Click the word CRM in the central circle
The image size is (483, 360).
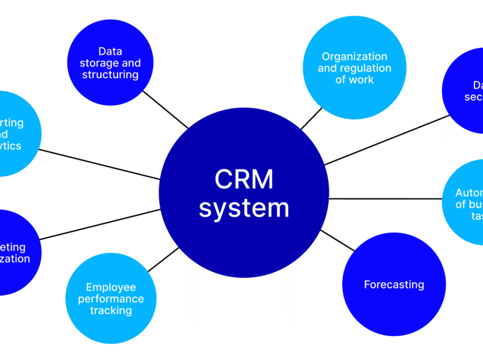[x=244, y=179]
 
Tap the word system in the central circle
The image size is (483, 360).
[x=244, y=208]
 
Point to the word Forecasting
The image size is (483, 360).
[x=394, y=285]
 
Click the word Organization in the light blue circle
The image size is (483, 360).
[x=354, y=56]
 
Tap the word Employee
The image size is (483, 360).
[x=111, y=287]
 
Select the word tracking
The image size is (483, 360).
[x=111, y=311]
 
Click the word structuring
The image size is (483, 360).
[x=110, y=75]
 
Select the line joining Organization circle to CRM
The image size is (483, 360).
[x=311, y=119]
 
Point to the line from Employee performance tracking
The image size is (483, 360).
[x=163, y=259]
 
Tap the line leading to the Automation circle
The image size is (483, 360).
[x=385, y=199]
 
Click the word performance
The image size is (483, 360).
[x=111, y=299]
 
